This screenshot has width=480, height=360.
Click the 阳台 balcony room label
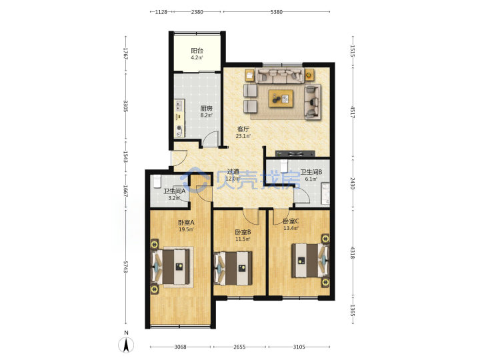tap(197, 51)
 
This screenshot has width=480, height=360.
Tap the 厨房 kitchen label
tap(206, 109)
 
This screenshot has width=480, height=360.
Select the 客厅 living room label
tap(243, 129)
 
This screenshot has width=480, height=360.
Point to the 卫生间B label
tap(311, 173)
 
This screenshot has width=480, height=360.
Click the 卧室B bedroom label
tap(243, 233)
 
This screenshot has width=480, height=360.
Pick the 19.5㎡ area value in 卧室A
tap(186, 229)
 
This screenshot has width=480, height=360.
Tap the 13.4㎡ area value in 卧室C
tap(291, 228)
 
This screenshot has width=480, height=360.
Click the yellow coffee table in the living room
tap(281, 99)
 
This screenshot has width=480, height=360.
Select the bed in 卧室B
tap(233, 268)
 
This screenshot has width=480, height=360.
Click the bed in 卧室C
tap(310, 260)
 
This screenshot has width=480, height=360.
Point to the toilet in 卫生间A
tap(157, 181)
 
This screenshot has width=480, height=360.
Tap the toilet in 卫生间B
tap(284, 166)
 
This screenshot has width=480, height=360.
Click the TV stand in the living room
tap(295, 154)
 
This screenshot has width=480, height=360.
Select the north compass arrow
tap(126, 345)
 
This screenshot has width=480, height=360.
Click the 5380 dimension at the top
tap(277, 12)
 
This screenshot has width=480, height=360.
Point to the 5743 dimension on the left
tap(125, 267)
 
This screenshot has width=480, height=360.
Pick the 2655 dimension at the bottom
tap(239, 347)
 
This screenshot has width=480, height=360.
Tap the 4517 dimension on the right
tap(353, 113)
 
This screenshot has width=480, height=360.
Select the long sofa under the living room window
tap(280, 75)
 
